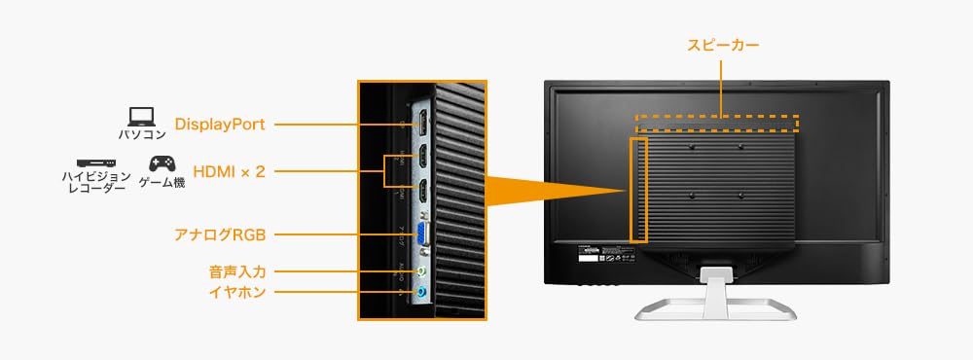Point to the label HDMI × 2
tap(230, 171)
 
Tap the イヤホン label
tap(236, 291)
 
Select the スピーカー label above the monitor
tap(721, 45)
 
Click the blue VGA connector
tap(423, 234)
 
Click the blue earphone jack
tap(421, 291)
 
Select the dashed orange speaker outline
tap(717, 124)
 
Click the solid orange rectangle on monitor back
tap(638, 189)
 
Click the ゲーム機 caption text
tap(162, 182)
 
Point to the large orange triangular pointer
tap(545, 189)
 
